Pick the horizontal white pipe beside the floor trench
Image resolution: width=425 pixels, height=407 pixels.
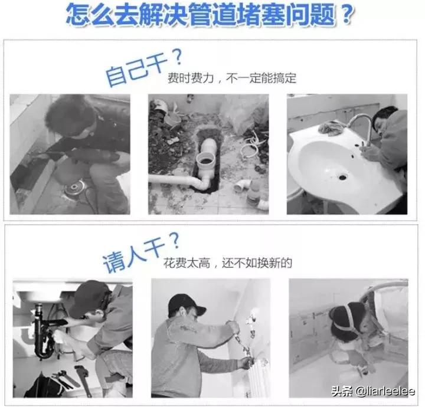click(171, 179)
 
